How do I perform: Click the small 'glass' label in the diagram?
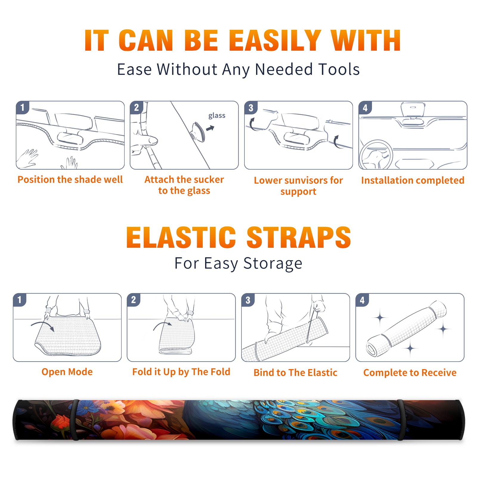click(217, 115)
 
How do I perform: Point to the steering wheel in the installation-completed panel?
click(376, 155)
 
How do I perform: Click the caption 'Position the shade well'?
click(70, 179)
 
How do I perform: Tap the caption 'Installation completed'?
click(413, 180)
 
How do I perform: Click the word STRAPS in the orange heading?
click(299, 237)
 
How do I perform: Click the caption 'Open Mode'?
click(67, 372)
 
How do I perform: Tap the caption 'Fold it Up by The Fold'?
click(181, 372)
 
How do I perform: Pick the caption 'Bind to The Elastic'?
click(295, 373)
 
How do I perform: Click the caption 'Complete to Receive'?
click(410, 373)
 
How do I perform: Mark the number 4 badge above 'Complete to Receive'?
click(362, 300)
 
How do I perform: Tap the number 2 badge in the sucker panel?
click(137, 107)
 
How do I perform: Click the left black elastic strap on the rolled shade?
click(75, 420)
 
